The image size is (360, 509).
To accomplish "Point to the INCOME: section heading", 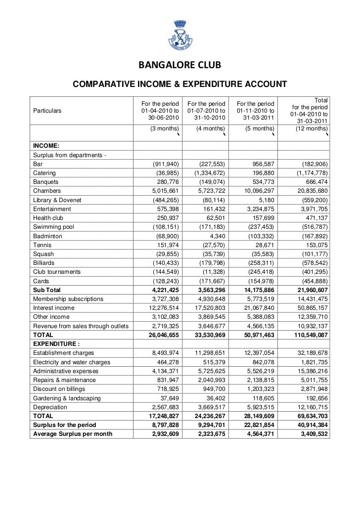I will pyautogui.click(x=46, y=146).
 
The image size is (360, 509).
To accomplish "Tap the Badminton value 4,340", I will pyautogui.click(x=214, y=236).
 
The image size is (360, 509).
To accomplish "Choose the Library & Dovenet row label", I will pyautogui.click(x=57, y=200).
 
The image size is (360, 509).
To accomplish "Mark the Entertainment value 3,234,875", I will pyautogui.click(x=258, y=209).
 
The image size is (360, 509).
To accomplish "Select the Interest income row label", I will pyautogui.click(x=54, y=308).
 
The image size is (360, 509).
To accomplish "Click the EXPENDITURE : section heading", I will pyautogui.click(x=56, y=344).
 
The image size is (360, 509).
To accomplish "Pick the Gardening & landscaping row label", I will pyautogui.click(x=67, y=398).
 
